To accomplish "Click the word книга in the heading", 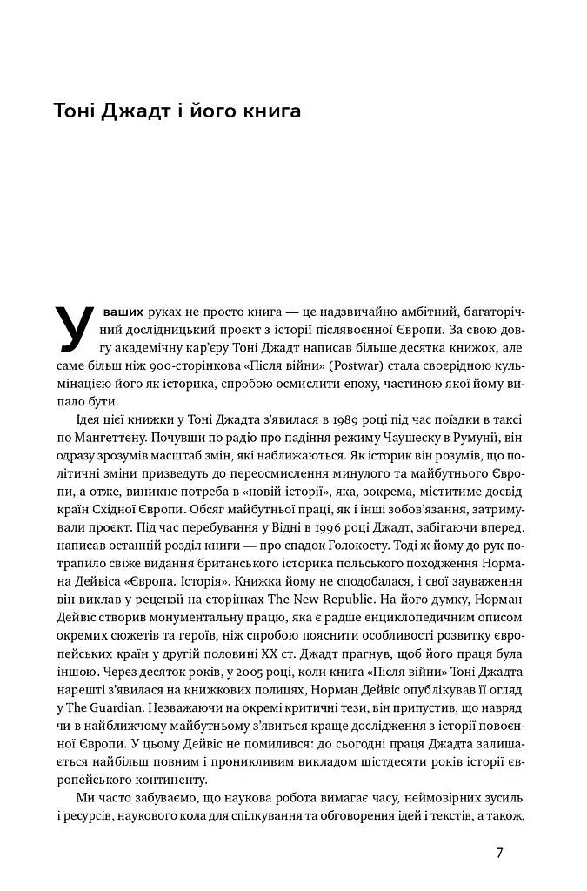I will point(263,112).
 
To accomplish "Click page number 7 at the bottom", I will point(499,853).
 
